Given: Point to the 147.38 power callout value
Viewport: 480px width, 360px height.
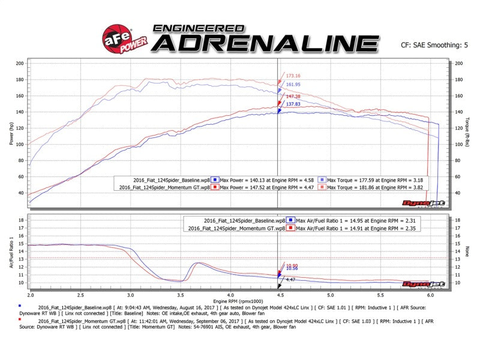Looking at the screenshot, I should (x=293, y=96).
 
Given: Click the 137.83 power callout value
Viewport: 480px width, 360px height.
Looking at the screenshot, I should (x=293, y=104).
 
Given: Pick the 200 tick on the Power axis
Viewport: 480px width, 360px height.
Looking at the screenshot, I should (x=20, y=63).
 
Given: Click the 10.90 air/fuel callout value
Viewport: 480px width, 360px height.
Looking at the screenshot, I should (x=292, y=265).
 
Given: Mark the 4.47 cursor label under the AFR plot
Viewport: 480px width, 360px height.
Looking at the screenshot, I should (x=290, y=280).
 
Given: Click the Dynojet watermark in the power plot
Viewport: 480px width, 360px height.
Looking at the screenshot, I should (x=430, y=203).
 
